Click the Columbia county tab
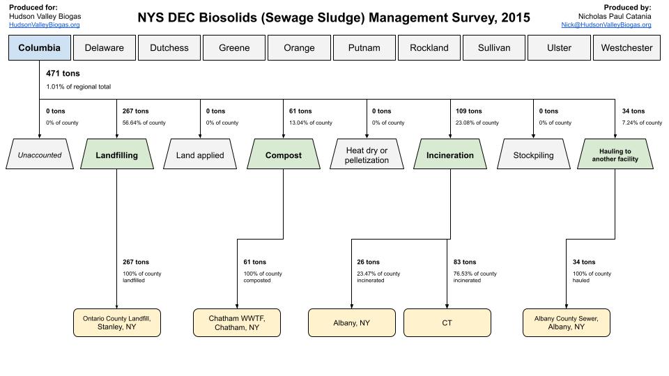(40, 48)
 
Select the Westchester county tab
(626, 48)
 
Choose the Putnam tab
(364, 48)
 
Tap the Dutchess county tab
(169, 48)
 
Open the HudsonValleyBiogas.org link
(44, 25)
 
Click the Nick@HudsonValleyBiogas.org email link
(606, 25)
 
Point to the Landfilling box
(116, 155)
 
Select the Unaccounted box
(39, 155)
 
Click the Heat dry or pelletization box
(367, 155)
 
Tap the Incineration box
(449, 155)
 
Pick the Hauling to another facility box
(615, 155)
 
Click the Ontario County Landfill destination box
(117, 322)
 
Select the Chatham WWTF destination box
(237, 322)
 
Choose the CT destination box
(447, 322)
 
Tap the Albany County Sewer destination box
(566, 322)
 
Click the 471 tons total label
(63, 73)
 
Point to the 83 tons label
(465, 263)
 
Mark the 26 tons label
(368, 263)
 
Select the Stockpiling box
(533, 155)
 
